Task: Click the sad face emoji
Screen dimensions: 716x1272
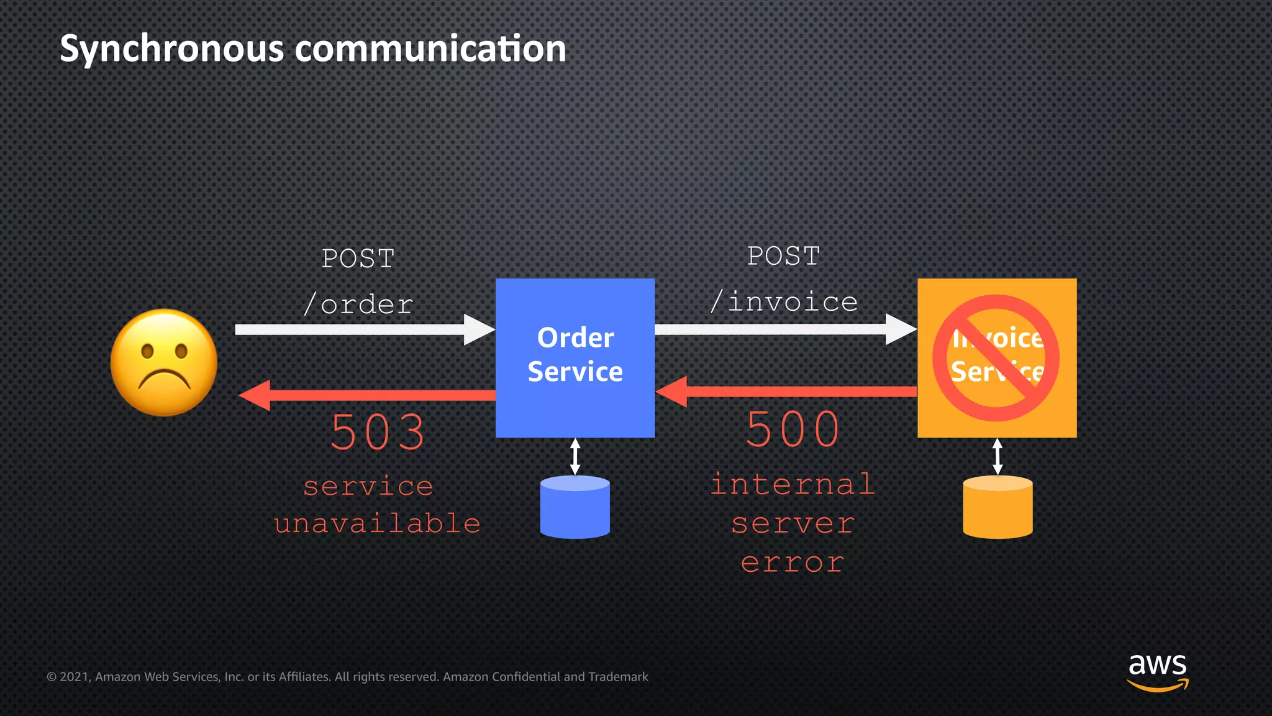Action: click(x=164, y=362)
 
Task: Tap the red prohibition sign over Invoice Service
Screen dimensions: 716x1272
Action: click(x=996, y=358)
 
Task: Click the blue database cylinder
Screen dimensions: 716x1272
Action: click(x=575, y=507)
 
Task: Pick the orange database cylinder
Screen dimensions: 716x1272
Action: click(x=997, y=507)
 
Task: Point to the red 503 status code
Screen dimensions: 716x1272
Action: click(x=378, y=432)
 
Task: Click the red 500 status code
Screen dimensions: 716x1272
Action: click(x=793, y=429)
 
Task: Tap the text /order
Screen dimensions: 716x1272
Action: click(x=358, y=305)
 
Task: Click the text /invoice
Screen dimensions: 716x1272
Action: click(x=784, y=302)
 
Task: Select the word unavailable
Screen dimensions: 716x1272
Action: click(x=378, y=523)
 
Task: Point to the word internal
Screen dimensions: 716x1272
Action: click(x=793, y=484)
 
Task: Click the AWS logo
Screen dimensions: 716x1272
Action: click(x=1157, y=671)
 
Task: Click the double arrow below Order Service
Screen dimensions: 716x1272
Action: click(x=575, y=456)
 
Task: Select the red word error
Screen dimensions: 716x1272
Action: click(x=793, y=563)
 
